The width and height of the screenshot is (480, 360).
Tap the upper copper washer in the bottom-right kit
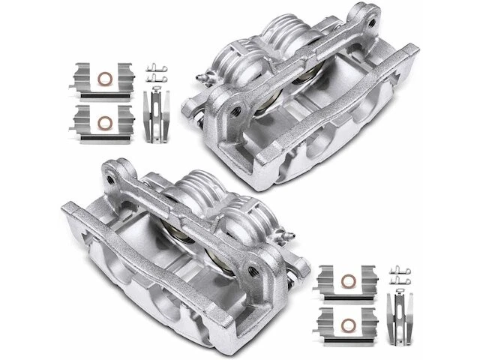(348, 281)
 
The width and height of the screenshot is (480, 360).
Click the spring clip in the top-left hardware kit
(156, 112)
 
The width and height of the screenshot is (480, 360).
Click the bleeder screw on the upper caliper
(200, 77)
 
